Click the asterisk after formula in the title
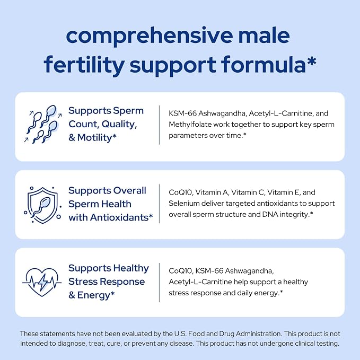click(x=312, y=62)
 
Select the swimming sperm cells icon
click(x=43, y=124)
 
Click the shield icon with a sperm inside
click(x=42, y=205)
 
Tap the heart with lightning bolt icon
click(x=42, y=283)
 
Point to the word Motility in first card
click(x=94, y=138)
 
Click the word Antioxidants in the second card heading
click(x=119, y=217)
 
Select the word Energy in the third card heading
click(x=93, y=295)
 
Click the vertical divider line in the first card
click(x=159, y=125)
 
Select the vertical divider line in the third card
click(x=159, y=283)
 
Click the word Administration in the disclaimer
click(x=259, y=333)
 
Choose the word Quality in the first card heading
click(x=119, y=125)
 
